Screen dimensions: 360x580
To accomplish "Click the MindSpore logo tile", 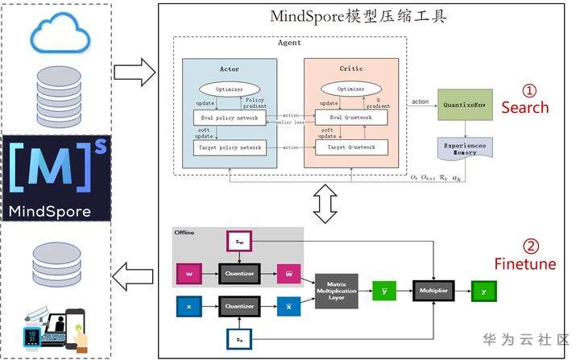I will pyautogui.click(x=56, y=180).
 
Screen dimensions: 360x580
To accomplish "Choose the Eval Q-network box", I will pyautogui.click(x=353, y=118).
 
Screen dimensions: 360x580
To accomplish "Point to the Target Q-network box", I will pyautogui.click(x=353, y=147).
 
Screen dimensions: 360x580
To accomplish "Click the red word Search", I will pyautogui.click(x=524, y=107).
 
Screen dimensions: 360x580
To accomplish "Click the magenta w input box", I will pyautogui.click(x=188, y=274).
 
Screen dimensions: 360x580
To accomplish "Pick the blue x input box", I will pyautogui.click(x=188, y=307).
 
